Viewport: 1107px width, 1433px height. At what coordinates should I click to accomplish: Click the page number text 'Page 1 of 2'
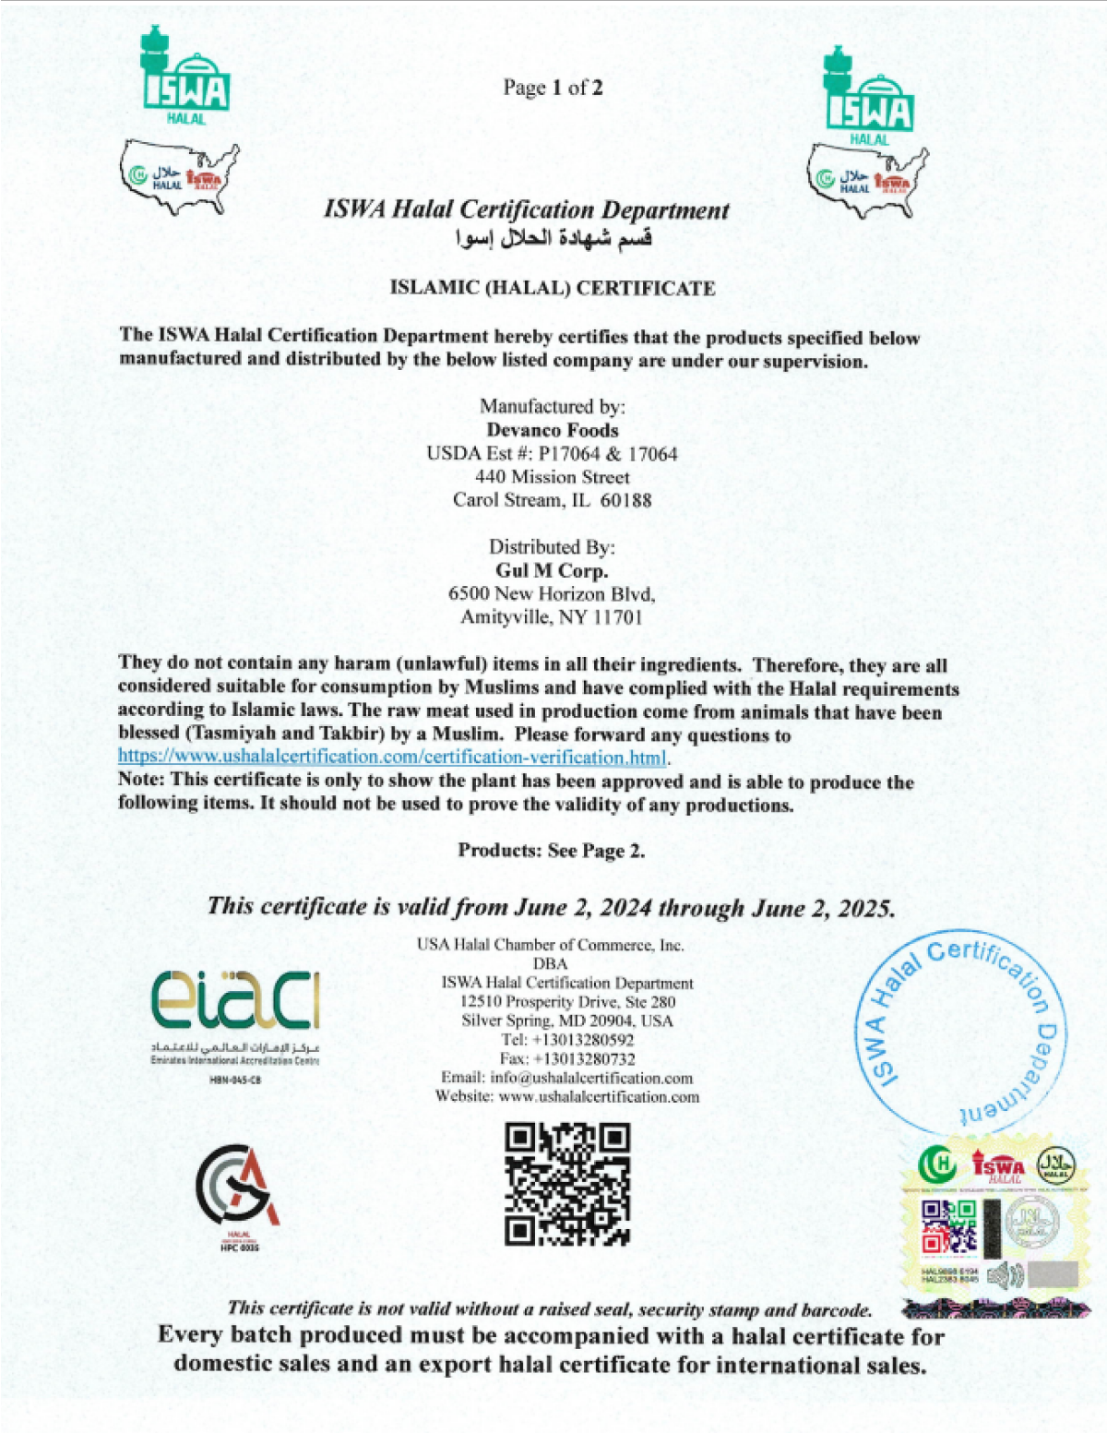[x=553, y=88]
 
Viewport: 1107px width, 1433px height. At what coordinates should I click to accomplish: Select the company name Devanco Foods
[x=553, y=430]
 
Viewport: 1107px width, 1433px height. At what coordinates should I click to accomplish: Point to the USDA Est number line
[x=552, y=454]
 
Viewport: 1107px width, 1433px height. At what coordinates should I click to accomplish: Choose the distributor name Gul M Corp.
[x=552, y=570]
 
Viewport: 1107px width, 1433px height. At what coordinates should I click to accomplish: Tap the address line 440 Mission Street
[x=552, y=477]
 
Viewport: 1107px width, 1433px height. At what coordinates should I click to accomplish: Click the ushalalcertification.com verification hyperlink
[x=392, y=758]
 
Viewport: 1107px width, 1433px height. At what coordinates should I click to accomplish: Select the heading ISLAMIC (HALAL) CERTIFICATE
[x=552, y=288]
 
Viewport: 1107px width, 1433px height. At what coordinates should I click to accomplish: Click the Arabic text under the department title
[x=553, y=239]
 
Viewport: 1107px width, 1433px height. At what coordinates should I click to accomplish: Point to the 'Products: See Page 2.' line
[x=552, y=851]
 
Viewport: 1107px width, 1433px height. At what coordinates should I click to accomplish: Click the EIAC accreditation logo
[x=235, y=1003]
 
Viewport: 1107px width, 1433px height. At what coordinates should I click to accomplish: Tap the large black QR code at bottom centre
[x=567, y=1184]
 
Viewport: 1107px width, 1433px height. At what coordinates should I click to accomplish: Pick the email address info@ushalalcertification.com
[x=591, y=1078]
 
